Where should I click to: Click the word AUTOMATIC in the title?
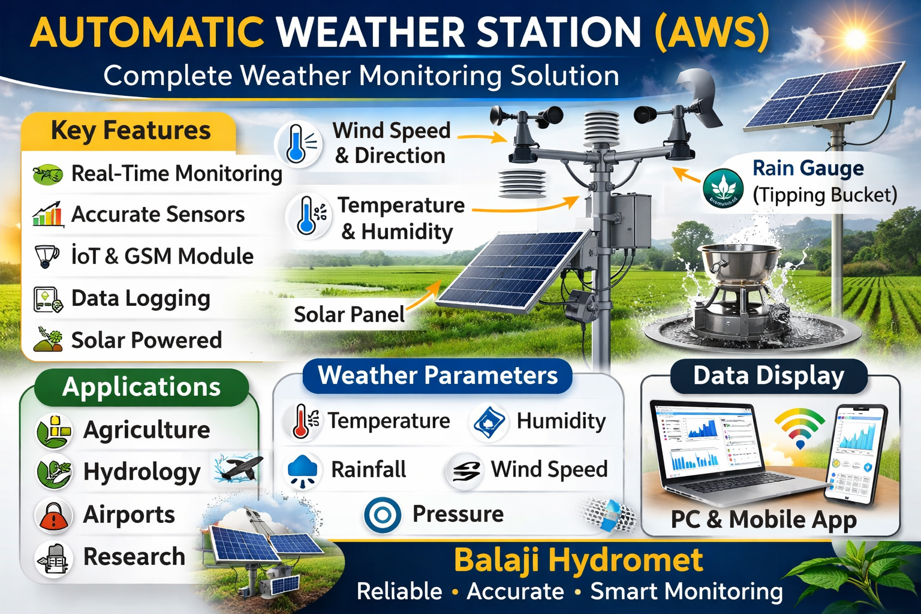[x=147, y=32]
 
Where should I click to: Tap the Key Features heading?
[x=130, y=130]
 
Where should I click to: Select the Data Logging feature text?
[x=140, y=299]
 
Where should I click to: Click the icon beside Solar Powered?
[x=48, y=339]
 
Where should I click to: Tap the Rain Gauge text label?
[x=807, y=168]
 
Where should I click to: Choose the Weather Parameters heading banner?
[x=437, y=376]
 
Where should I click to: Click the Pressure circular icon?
[x=383, y=514]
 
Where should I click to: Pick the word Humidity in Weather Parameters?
[x=561, y=421]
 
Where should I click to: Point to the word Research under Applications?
[x=134, y=556]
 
